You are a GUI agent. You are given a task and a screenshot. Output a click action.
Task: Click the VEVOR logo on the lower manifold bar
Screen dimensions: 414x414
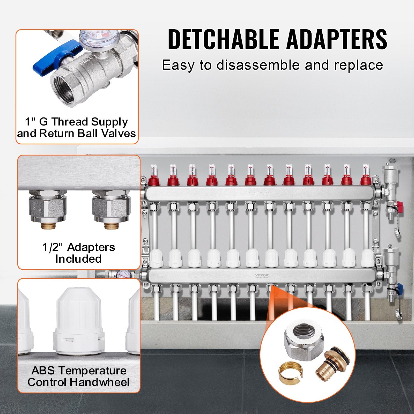click(x=262, y=275)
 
